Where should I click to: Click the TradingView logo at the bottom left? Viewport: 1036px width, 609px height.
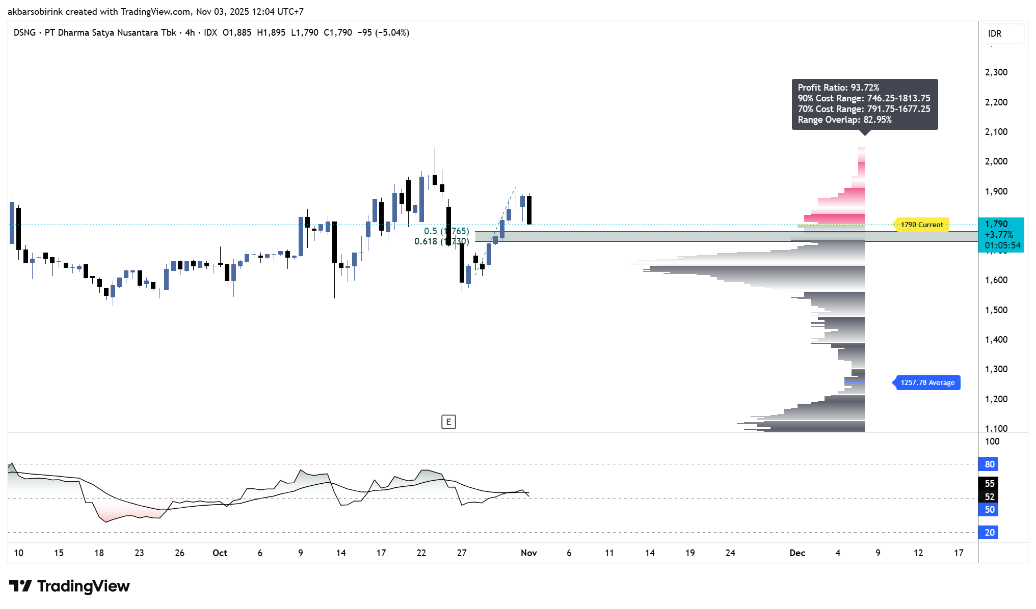pos(69,586)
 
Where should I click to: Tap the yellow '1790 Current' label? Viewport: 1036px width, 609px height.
pos(921,225)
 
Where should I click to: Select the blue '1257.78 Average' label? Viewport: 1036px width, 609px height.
pos(927,382)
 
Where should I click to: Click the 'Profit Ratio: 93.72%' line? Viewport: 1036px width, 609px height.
pos(838,88)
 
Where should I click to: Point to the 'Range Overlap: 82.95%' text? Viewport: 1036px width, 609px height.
pos(844,120)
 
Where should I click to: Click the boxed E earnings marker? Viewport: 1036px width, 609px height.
pos(448,422)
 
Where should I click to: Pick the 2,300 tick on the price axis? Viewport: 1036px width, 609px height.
pos(996,72)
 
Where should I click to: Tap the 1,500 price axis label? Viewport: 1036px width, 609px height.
pos(996,310)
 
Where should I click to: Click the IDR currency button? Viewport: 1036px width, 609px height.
pos(995,34)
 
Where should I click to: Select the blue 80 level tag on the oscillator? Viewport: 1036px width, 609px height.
pos(989,464)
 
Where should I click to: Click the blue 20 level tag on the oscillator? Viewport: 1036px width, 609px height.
pos(989,533)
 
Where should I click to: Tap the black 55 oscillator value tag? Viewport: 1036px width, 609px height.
pos(989,484)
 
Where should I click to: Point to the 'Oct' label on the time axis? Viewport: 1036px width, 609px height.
pos(220,553)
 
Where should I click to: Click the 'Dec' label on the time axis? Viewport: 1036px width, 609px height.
pos(797,553)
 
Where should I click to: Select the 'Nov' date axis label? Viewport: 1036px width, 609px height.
pos(529,553)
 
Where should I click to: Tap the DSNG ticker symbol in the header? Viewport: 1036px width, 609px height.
pos(24,33)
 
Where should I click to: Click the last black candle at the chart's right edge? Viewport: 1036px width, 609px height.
pos(529,210)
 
